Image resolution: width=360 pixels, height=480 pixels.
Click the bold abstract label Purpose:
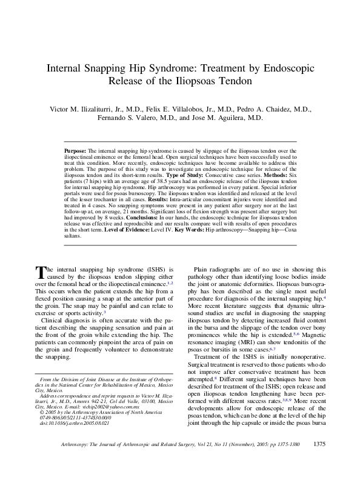(x=75, y=149)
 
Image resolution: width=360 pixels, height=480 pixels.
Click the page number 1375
(x=321, y=461)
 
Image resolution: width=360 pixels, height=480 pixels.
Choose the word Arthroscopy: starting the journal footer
(x=76, y=462)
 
